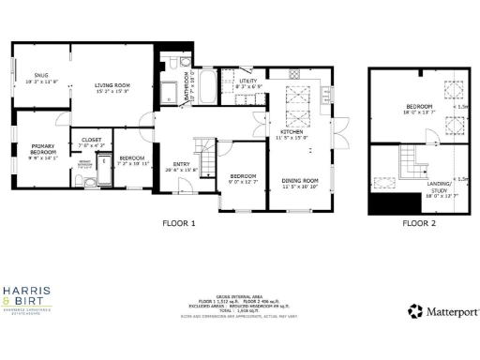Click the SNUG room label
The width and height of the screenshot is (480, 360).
(41, 78)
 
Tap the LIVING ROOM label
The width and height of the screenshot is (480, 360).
(112, 86)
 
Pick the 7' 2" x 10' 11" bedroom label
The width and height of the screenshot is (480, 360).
(131, 159)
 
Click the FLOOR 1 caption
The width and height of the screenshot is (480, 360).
(178, 223)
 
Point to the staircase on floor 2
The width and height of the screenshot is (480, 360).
(407, 159)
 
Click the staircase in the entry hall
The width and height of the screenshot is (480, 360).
(205, 147)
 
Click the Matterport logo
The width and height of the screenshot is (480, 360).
(443, 310)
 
